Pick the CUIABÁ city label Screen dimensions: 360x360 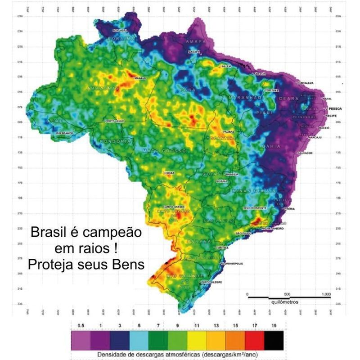tap(169, 171)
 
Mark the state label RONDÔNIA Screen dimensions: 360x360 tap(117, 140)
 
